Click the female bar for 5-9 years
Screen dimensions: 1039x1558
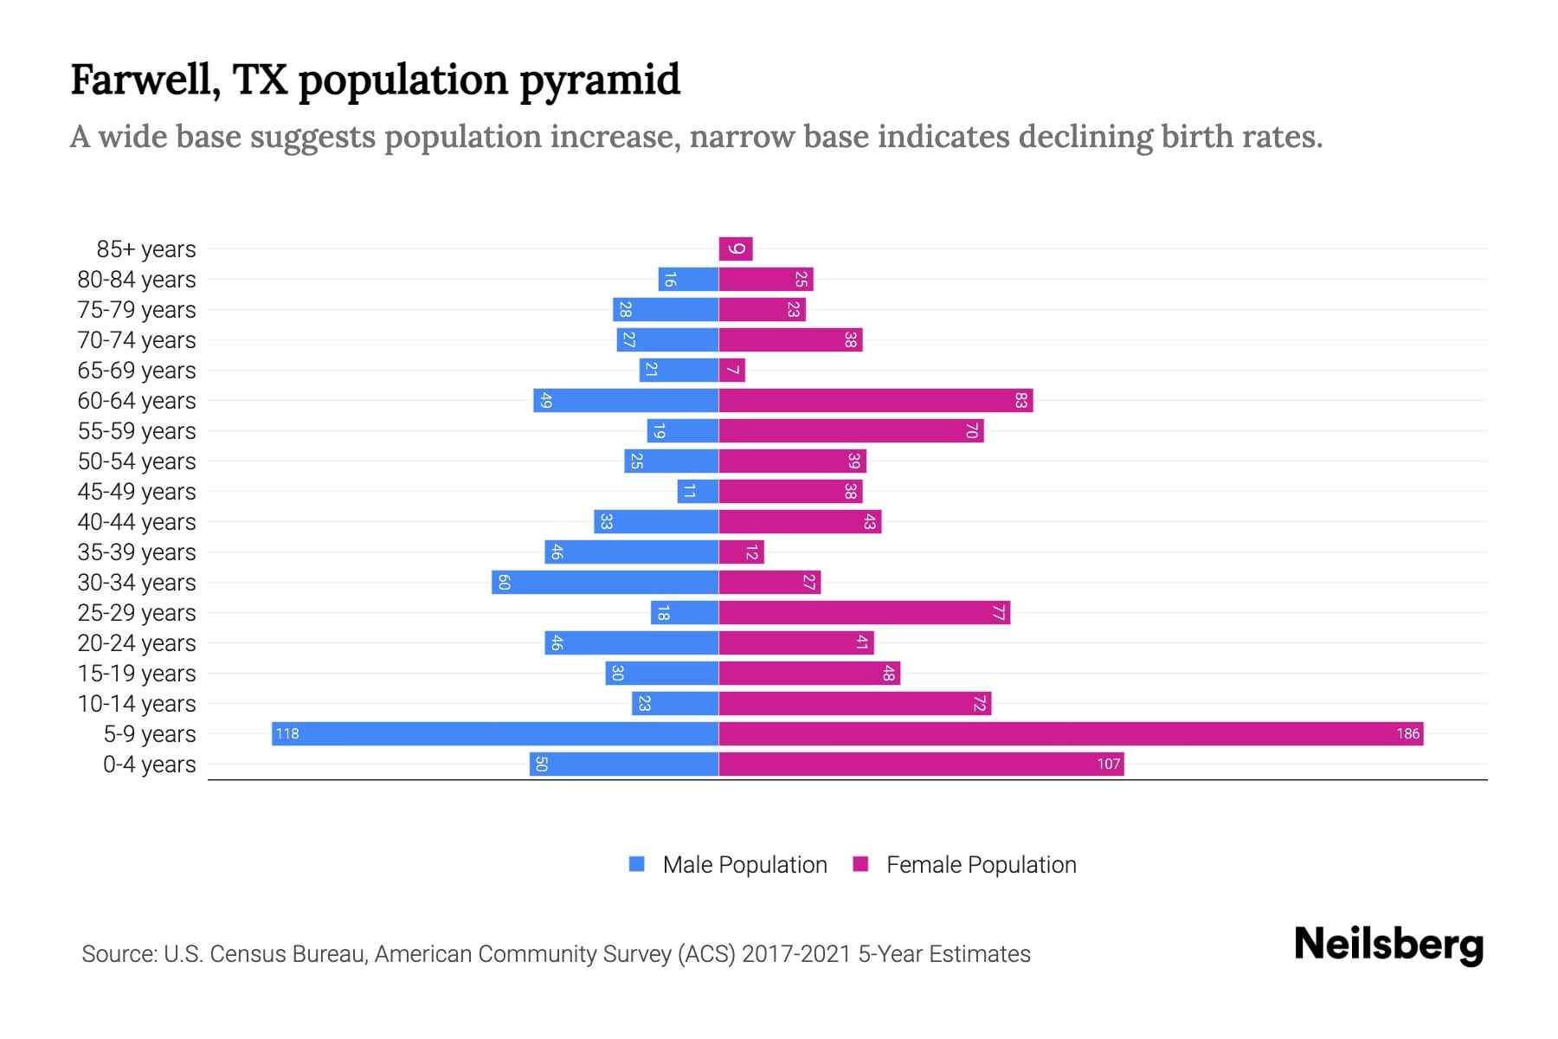click(x=1071, y=733)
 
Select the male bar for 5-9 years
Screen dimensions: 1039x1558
click(x=495, y=733)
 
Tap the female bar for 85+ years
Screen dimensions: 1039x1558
click(x=736, y=248)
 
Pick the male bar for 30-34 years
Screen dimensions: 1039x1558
click(x=605, y=582)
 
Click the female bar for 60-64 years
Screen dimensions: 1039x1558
click(x=875, y=400)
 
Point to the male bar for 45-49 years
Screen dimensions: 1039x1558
click(x=698, y=491)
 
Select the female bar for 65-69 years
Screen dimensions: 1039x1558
click(x=732, y=370)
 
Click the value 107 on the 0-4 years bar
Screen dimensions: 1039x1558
click(x=1109, y=764)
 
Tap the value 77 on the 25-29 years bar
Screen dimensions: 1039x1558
click(x=998, y=612)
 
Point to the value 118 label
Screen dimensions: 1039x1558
click(x=287, y=733)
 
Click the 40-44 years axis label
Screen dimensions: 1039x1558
click(x=137, y=522)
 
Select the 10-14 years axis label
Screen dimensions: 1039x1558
click(x=137, y=704)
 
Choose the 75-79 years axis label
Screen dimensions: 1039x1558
click(x=137, y=310)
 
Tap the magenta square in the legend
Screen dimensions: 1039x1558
click(x=860, y=864)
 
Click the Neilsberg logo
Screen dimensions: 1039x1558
click(x=1388, y=945)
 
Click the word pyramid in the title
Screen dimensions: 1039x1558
click(x=600, y=81)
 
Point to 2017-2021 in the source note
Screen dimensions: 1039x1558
click(x=796, y=954)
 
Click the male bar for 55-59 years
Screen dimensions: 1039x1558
click(x=683, y=430)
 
